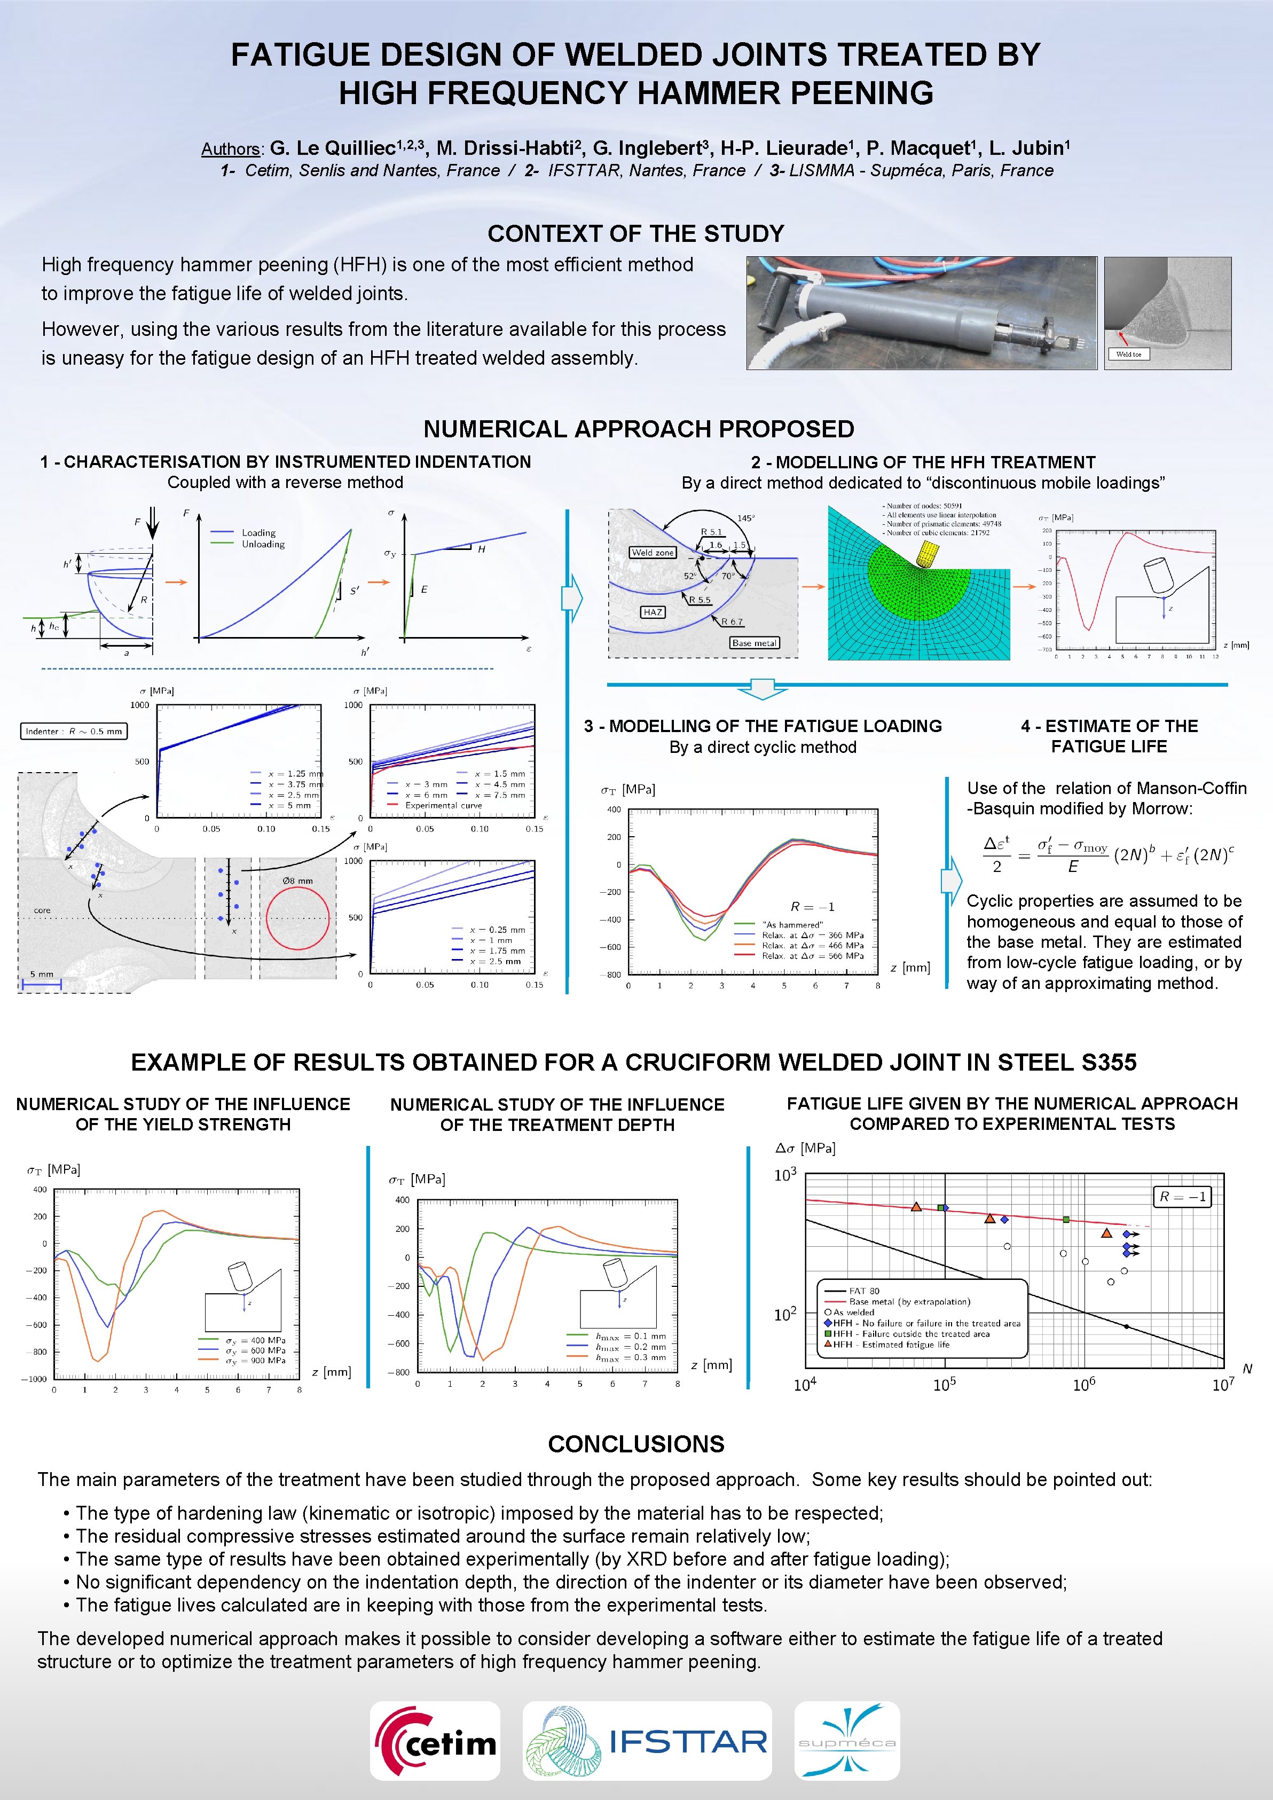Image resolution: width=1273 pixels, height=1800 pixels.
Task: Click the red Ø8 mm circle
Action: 298,918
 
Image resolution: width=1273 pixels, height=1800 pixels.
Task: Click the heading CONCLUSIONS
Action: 636,1444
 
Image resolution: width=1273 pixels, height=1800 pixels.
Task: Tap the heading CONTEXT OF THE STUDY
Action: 636,234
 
